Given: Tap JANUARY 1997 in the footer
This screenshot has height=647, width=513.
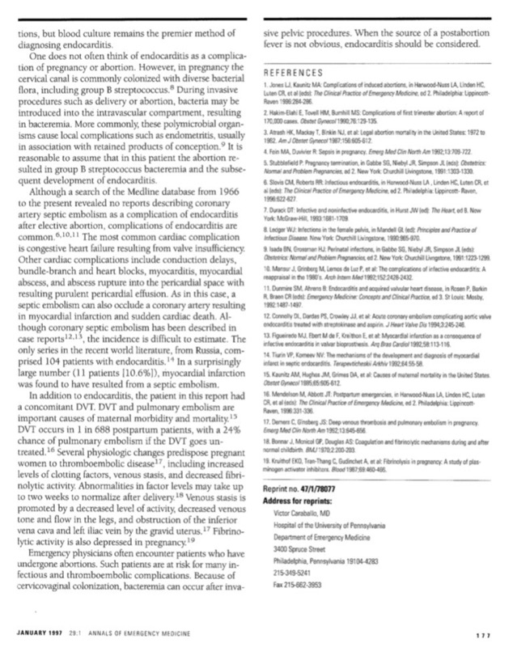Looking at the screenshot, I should pos(41,630).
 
